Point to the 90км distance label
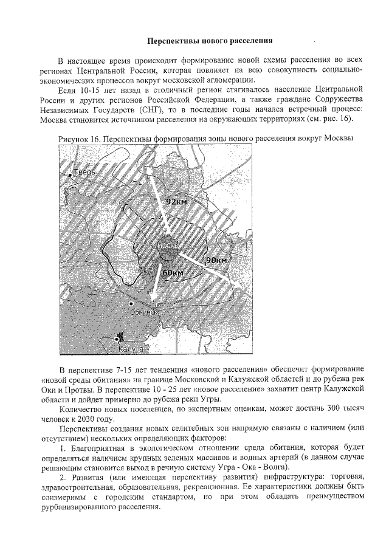216,260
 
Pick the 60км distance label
173,273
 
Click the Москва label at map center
167,244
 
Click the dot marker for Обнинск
130,303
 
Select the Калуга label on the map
131,349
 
